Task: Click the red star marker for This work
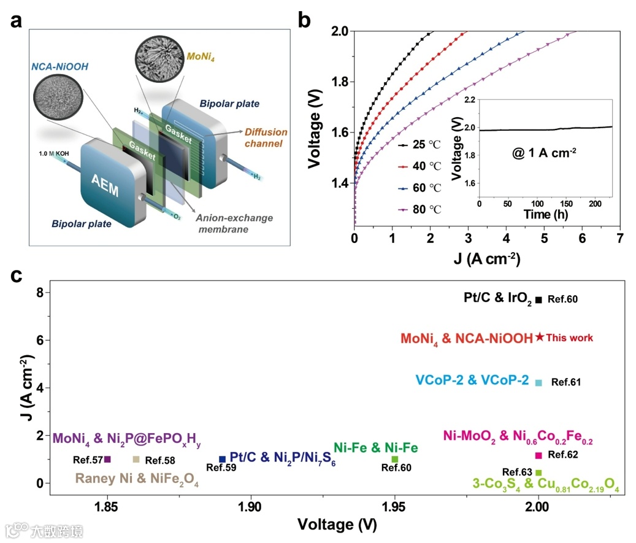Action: point(539,337)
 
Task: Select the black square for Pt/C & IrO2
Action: point(538,299)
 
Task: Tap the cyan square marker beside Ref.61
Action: point(538,383)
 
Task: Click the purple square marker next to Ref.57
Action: point(107,459)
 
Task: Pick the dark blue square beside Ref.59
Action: point(222,459)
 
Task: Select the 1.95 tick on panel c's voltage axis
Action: point(394,507)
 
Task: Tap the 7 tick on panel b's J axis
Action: point(619,237)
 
